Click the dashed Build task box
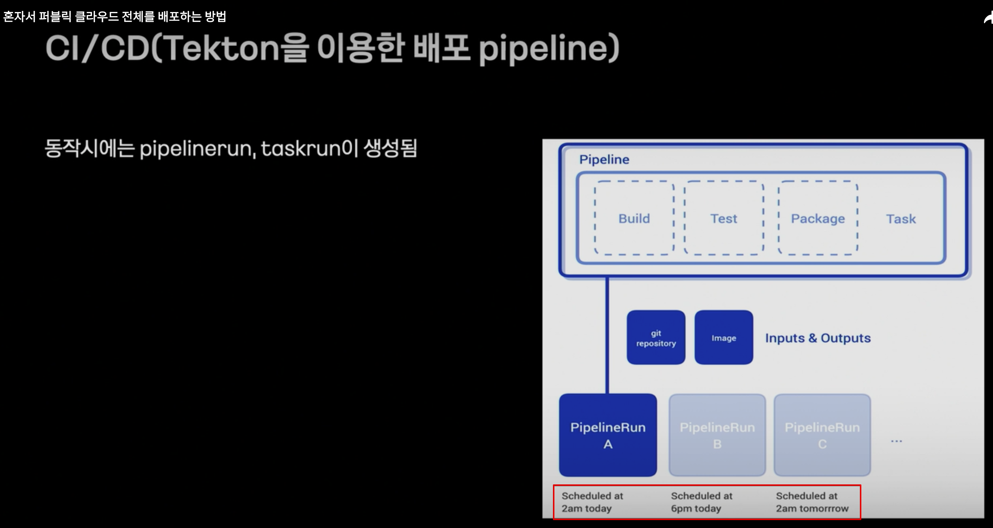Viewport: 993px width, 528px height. pyautogui.click(x=634, y=218)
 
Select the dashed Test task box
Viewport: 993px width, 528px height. pyautogui.click(x=724, y=218)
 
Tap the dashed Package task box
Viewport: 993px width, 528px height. pyautogui.click(x=818, y=218)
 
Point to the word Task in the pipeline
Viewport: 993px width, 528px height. pyautogui.click(x=901, y=219)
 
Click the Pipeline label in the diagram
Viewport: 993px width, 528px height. pyautogui.click(x=604, y=159)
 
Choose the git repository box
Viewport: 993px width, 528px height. pyautogui.click(x=656, y=338)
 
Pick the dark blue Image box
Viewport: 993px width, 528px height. pyautogui.click(x=724, y=338)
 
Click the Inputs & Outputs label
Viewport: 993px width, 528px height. pyautogui.click(x=818, y=338)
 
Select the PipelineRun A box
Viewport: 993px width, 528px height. pyautogui.click(x=608, y=435)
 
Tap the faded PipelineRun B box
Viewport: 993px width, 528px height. pyautogui.click(x=717, y=435)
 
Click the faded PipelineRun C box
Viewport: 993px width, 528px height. pyautogui.click(x=822, y=435)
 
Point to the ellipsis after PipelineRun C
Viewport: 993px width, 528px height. pyautogui.click(x=896, y=441)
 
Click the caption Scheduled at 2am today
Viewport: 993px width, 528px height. pyautogui.click(x=592, y=502)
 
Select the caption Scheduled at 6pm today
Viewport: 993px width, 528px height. pyautogui.click(x=701, y=502)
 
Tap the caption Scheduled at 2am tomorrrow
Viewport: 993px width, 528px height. pyautogui.click(x=812, y=502)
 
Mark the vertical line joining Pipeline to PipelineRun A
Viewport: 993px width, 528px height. pyautogui.click(x=607, y=335)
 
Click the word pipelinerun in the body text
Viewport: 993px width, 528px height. pyautogui.click(x=197, y=149)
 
